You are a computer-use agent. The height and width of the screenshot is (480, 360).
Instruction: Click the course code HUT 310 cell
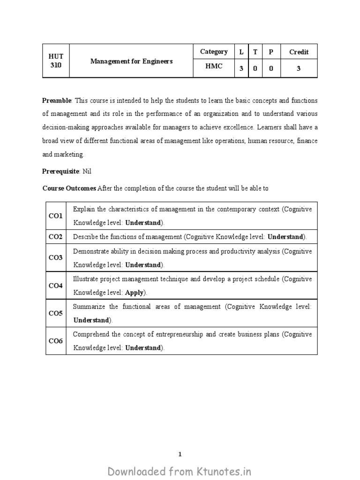[56, 60]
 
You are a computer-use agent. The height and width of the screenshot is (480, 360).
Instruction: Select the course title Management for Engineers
[131, 61]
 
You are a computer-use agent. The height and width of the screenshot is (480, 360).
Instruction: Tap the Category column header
[214, 52]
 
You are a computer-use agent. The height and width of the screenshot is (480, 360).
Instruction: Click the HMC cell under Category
[214, 67]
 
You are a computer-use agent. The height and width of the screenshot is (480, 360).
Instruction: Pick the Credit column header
[299, 52]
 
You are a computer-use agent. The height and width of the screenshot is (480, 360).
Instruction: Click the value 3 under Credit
[299, 68]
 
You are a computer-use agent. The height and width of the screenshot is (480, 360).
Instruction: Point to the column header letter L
[241, 52]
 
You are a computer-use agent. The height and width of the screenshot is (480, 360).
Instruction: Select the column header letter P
[270, 52]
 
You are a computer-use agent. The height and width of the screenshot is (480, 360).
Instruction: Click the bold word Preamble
[57, 101]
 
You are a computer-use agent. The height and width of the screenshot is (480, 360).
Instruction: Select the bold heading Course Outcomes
[69, 188]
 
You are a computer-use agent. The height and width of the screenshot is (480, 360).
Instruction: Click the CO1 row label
[55, 216]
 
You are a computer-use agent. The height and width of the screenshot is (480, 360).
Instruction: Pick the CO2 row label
[55, 237]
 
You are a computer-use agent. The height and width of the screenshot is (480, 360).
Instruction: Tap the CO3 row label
[55, 258]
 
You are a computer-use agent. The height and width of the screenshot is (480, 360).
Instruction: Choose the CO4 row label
[55, 285]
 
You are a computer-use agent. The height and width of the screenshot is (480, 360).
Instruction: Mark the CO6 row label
[55, 341]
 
